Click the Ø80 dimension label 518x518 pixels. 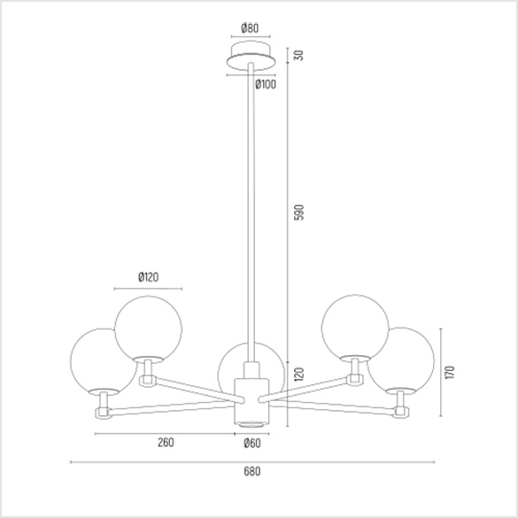pos(250,28)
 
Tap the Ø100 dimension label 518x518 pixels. pos(266,85)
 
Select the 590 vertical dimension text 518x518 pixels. pos(298,213)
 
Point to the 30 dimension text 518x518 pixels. pos(298,55)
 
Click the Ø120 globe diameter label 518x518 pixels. pos(149,277)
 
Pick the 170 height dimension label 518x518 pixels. pos(450,372)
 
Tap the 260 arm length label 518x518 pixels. pos(166,443)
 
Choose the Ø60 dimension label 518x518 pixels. pos(252,443)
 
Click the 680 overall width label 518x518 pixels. pos(252,471)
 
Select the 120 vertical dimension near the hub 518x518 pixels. pos(298,374)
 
